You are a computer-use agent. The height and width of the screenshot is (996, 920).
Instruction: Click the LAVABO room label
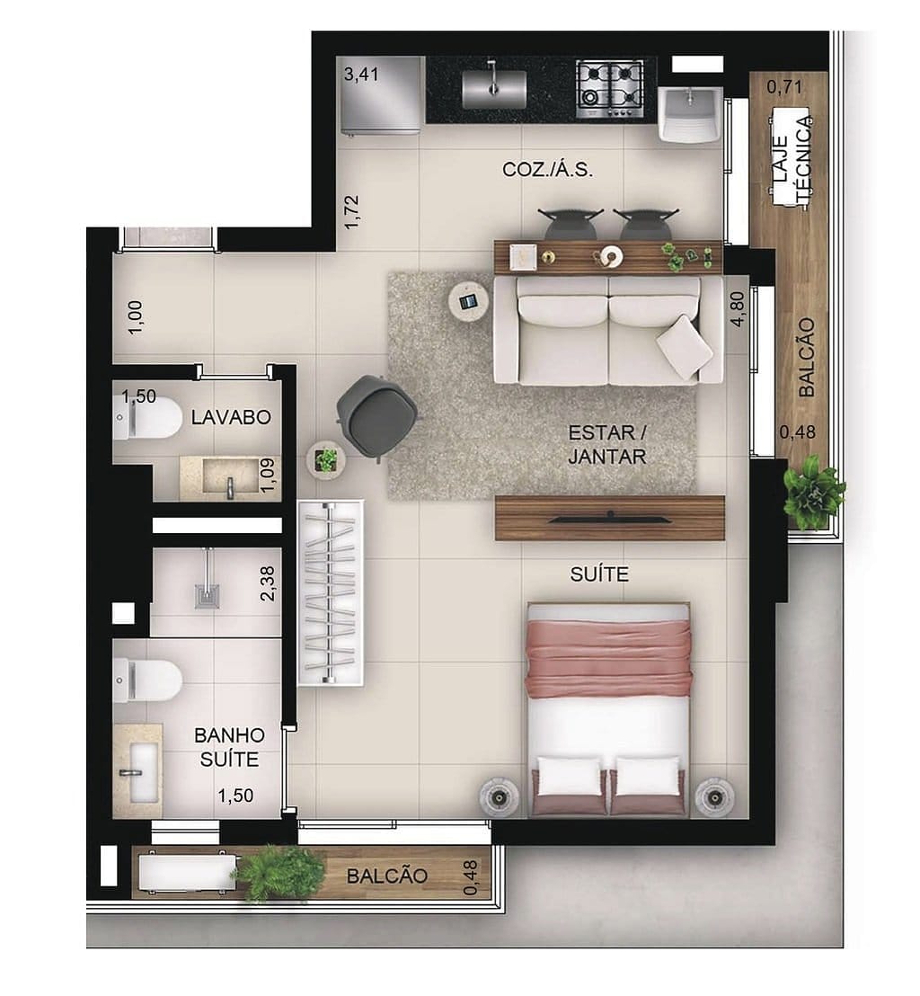[231, 417]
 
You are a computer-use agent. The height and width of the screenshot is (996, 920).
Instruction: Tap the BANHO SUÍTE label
[229, 747]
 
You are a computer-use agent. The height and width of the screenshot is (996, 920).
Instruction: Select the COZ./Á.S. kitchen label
[547, 170]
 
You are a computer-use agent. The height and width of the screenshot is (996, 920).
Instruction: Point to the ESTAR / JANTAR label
[606, 444]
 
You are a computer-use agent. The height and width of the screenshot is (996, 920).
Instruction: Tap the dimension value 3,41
[361, 74]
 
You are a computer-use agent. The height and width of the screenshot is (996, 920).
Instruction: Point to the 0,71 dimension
[783, 87]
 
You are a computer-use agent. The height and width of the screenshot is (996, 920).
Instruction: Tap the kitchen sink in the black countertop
[493, 89]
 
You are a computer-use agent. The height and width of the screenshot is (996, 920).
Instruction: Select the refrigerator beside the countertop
[381, 96]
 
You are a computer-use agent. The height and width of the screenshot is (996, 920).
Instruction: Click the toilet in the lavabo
[147, 419]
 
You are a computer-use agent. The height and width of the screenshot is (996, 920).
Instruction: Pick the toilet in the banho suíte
[147, 679]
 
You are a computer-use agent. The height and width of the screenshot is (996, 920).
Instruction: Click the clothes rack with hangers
[331, 593]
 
